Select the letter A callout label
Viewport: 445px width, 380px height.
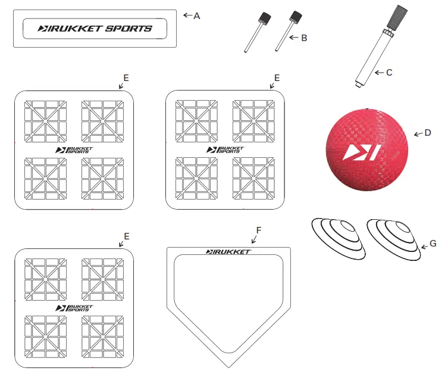[197, 15]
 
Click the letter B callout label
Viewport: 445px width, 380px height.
[304, 38]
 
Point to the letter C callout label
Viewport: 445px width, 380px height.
[389, 72]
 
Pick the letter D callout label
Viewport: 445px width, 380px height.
[427, 132]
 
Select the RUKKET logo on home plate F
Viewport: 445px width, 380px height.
[228, 251]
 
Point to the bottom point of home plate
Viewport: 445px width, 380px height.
[228, 366]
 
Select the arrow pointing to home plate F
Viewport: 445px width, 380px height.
[254, 239]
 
